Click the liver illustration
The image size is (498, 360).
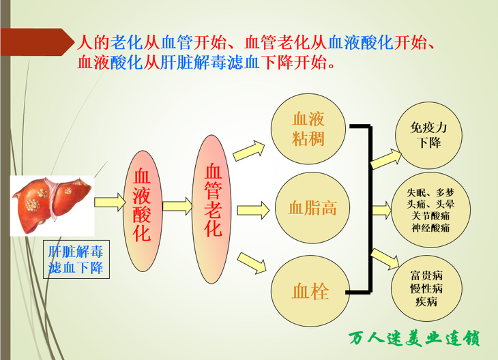[53, 206]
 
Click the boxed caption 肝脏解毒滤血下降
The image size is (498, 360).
[76, 259]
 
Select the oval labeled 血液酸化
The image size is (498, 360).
[143, 211]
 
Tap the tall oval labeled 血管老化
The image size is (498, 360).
[212, 209]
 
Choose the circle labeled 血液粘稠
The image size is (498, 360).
[308, 129]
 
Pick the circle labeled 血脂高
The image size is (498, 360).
[312, 208]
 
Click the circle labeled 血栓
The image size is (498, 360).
[310, 291]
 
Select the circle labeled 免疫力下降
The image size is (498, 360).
[429, 135]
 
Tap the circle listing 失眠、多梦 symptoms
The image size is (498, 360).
[431, 210]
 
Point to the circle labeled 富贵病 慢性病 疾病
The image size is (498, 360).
[426, 288]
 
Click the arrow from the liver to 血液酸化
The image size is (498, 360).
[111, 202]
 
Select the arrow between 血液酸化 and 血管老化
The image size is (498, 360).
[177, 206]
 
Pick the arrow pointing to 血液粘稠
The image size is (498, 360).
[249, 151]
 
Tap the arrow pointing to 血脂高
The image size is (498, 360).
[254, 210]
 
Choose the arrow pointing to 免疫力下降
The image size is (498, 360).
[386, 158]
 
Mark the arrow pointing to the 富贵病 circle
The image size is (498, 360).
[385, 258]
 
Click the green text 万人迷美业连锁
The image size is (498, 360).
[414, 339]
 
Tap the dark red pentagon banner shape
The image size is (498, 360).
[37, 42]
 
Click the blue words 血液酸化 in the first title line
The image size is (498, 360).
[361, 42]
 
